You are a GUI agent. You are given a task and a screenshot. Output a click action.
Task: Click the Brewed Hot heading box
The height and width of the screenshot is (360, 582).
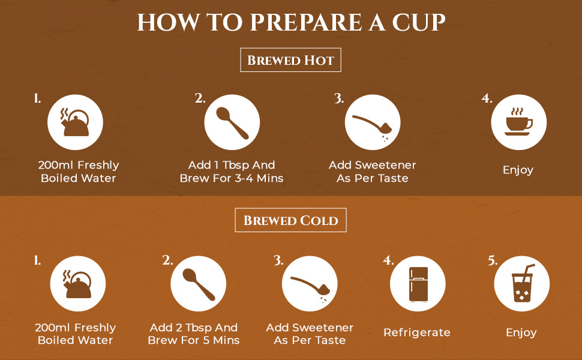pos(290,60)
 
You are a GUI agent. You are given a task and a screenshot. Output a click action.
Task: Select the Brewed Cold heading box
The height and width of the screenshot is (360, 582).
pos(290,220)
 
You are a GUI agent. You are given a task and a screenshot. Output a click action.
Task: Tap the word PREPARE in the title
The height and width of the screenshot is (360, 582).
pos(306,22)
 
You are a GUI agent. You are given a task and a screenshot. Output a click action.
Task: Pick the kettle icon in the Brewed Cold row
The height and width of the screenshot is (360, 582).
pos(77,284)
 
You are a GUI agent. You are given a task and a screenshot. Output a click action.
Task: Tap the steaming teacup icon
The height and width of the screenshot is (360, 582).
pos(518,122)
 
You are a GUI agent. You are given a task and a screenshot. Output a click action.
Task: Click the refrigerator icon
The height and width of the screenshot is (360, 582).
pos(418,284)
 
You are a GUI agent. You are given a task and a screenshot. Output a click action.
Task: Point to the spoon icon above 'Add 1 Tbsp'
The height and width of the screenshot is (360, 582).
pos(232,123)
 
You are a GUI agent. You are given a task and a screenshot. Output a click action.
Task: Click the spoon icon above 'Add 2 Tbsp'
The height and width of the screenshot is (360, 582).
pos(199,284)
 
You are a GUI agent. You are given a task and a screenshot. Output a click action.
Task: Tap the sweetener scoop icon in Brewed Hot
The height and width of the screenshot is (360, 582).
pos(372,125)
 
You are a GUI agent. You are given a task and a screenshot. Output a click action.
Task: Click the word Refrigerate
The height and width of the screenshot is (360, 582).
pos(417,332)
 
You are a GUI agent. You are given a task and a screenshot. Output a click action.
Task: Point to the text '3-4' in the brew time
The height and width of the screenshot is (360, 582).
pos(244,178)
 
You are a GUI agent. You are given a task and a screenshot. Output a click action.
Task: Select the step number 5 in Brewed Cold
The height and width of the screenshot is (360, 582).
pos(493,260)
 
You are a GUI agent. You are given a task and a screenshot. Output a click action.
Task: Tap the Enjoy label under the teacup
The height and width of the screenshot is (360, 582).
pos(518,170)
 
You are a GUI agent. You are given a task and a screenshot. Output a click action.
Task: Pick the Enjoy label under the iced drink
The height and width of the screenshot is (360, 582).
pos(521,332)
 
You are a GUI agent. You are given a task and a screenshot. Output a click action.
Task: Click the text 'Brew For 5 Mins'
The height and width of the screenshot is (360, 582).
pos(194,340)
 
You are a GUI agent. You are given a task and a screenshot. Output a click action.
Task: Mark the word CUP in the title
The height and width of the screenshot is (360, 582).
pos(419,22)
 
